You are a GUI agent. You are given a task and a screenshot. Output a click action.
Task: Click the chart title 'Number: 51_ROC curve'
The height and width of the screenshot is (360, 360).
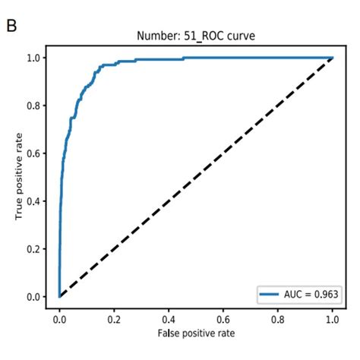tap(197, 35)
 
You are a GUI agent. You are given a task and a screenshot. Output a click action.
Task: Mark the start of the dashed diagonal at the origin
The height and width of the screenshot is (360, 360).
tap(59, 296)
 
